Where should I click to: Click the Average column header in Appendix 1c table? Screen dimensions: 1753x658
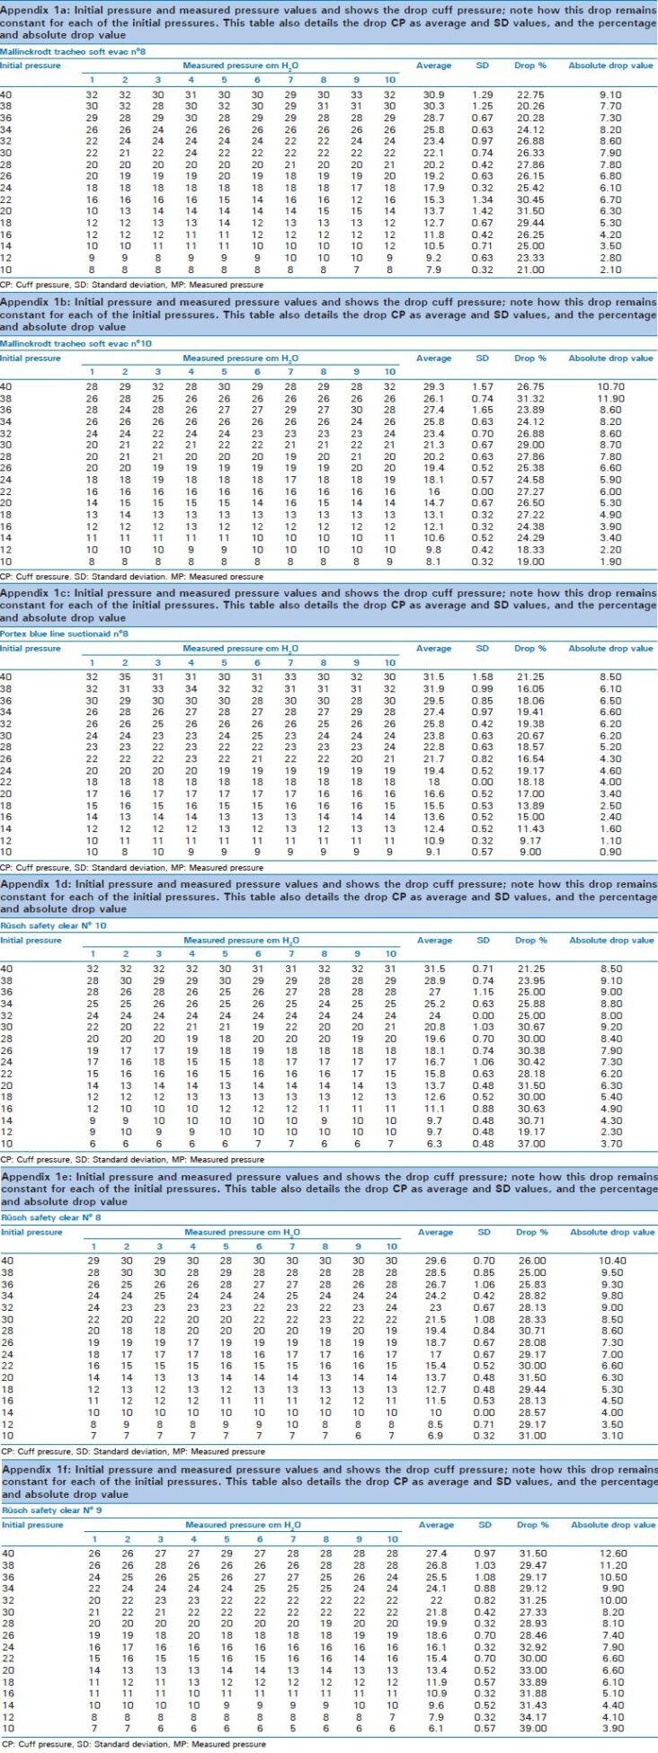coord(433,648)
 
